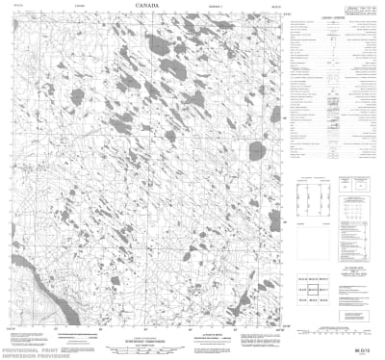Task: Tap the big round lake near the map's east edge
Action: [x=256, y=150]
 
